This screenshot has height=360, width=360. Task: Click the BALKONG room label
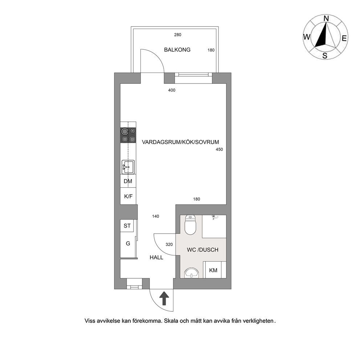click(x=177, y=50)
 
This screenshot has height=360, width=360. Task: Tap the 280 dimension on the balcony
click(x=178, y=35)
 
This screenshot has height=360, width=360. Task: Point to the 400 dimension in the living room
click(x=172, y=90)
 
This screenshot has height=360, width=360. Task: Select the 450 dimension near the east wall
click(x=219, y=150)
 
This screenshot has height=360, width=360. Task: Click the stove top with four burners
click(x=128, y=135)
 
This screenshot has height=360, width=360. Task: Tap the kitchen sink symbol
click(x=128, y=167)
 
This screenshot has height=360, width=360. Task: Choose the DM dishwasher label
click(x=128, y=181)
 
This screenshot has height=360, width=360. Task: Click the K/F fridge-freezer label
click(x=128, y=196)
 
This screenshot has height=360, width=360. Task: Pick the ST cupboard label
click(x=127, y=226)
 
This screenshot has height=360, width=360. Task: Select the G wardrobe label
click(x=128, y=244)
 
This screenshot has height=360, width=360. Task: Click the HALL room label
click(x=156, y=258)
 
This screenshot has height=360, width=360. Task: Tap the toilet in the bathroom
click(x=190, y=225)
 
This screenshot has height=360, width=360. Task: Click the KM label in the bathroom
click(x=213, y=270)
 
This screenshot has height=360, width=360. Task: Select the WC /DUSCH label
click(x=202, y=250)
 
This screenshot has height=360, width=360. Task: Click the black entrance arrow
click(x=164, y=298)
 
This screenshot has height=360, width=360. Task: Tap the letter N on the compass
click(x=326, y=19)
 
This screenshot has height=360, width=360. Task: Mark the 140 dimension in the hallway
click(x=156, y=216)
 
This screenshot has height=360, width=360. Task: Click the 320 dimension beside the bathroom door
click(x=169, y=245)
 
